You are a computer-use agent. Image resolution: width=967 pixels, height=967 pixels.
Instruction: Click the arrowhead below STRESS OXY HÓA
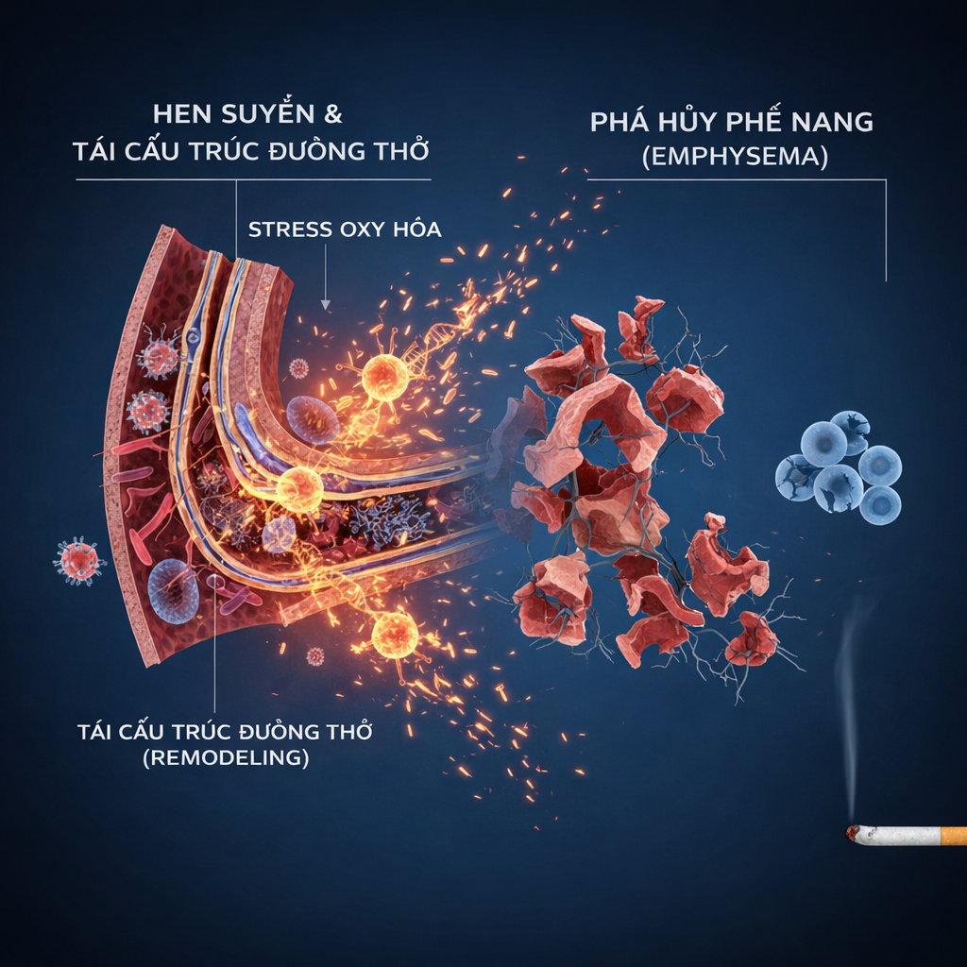[325, 303]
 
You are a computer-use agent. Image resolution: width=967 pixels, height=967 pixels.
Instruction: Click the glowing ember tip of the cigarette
[854, 834]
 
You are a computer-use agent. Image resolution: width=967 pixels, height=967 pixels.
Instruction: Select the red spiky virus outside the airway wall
[78, 559]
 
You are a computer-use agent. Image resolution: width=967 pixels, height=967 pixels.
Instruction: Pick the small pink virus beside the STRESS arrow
[298, 367]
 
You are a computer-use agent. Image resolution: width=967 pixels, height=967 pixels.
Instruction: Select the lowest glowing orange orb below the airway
[395, 633]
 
